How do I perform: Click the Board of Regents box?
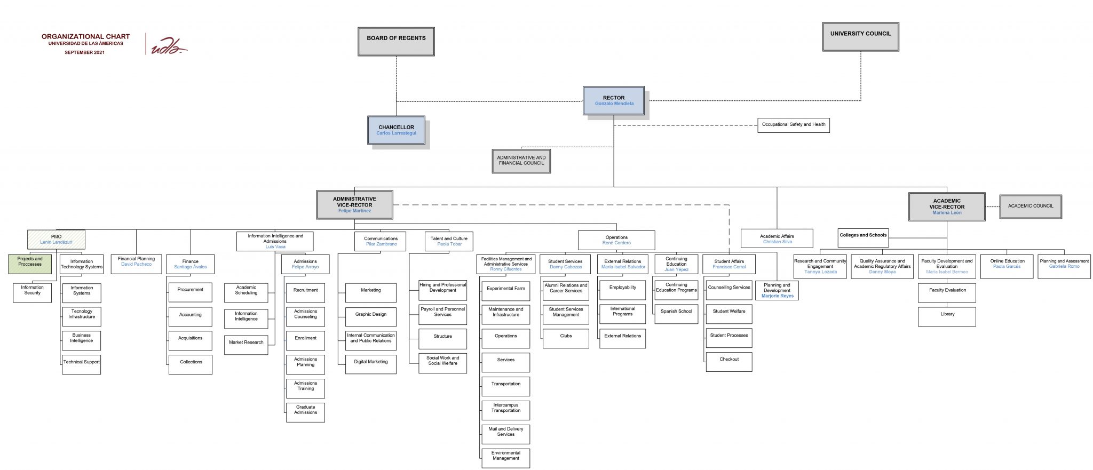tap(396, 41)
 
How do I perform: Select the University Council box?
tap(860, 36)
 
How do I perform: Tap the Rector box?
tap(614, 100)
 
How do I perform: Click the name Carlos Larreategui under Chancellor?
tap(396, 133)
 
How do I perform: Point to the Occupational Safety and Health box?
tap(793, 125)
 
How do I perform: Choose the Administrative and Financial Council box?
tap(521, 161)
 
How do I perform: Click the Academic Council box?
tap(1030, 206)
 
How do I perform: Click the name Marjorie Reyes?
tap(777, 296)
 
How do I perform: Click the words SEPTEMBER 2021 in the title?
tap(84, 52)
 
